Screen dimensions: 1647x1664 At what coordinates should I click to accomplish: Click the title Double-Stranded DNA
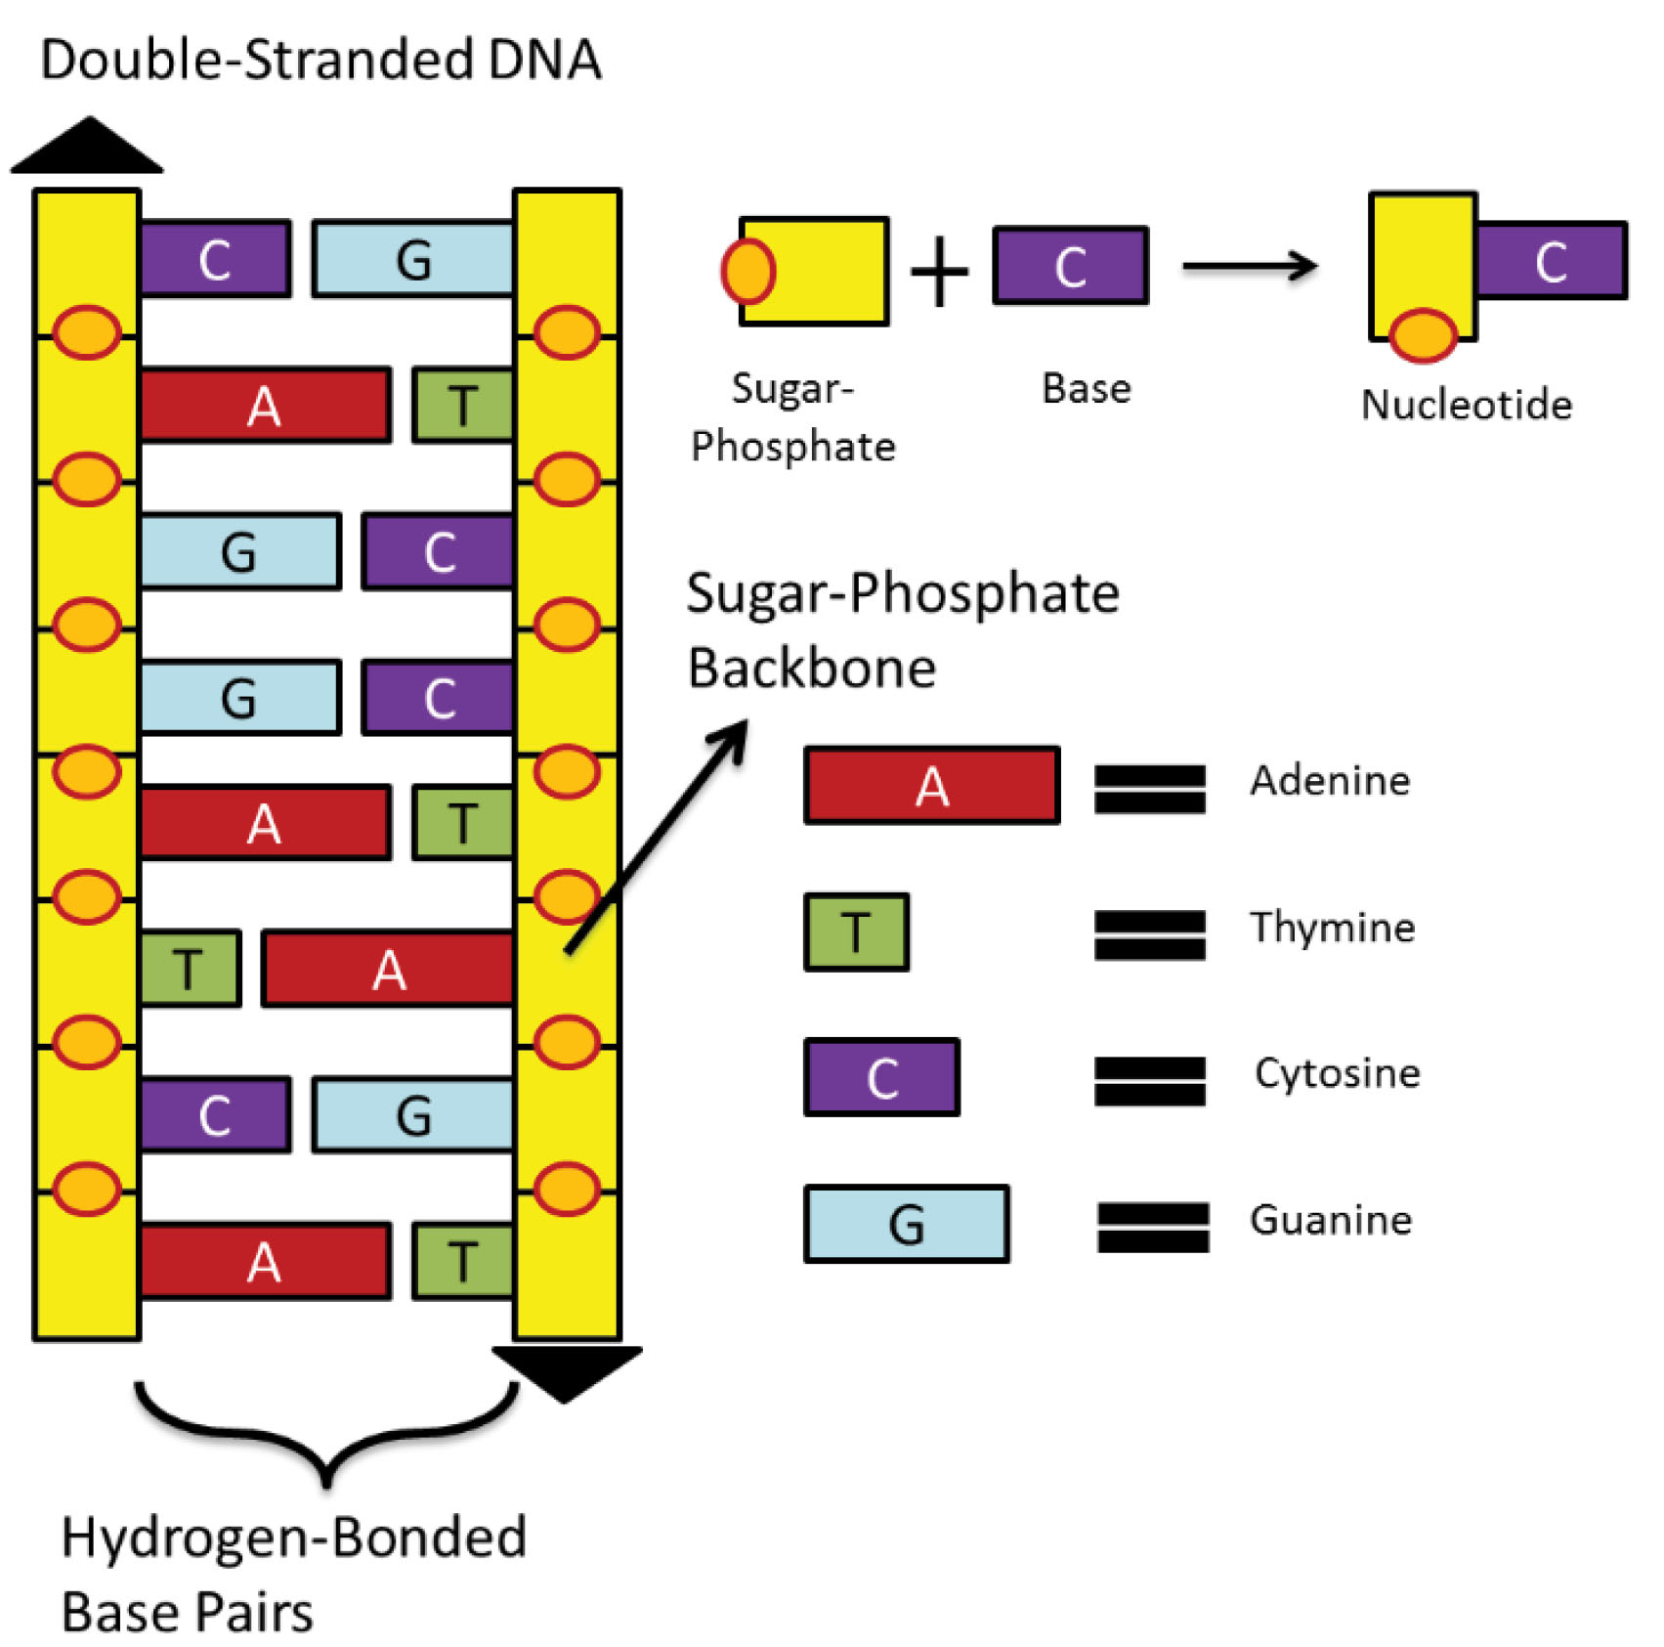coord(320,60)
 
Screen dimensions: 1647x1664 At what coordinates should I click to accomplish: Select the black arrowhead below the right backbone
coord(567,1370)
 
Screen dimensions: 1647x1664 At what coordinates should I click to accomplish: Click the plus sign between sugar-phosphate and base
coord(939,272)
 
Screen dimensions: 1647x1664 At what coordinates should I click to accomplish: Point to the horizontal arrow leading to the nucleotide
coord(1249,265)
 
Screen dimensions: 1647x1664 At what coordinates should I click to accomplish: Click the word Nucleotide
coord(1466,405)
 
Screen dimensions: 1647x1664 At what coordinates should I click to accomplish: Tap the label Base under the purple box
coord(1086,388)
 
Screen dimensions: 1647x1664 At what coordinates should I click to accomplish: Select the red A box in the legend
coord(931,786)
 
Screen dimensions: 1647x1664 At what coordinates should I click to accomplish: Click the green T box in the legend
coord(856,932)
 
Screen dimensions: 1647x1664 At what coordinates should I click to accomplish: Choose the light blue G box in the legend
coord(906,1224)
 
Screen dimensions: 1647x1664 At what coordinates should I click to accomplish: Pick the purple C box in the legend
coord(881,1077)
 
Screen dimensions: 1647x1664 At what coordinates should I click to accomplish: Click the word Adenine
coord(1330,781)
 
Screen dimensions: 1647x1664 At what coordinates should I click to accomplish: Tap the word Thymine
coord(1332,927)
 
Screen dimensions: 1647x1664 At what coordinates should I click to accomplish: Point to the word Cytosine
coord(1337,1073)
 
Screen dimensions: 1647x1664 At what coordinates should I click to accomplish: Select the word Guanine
coord(1331,1220)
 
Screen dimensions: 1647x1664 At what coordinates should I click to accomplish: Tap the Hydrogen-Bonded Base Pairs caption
coord(293,1574)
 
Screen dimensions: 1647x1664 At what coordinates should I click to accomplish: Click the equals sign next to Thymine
coord(1149,935)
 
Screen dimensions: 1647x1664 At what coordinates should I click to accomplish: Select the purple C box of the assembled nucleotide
coord(1551,261)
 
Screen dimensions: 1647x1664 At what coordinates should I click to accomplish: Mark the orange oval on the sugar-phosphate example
coord(748,271)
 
